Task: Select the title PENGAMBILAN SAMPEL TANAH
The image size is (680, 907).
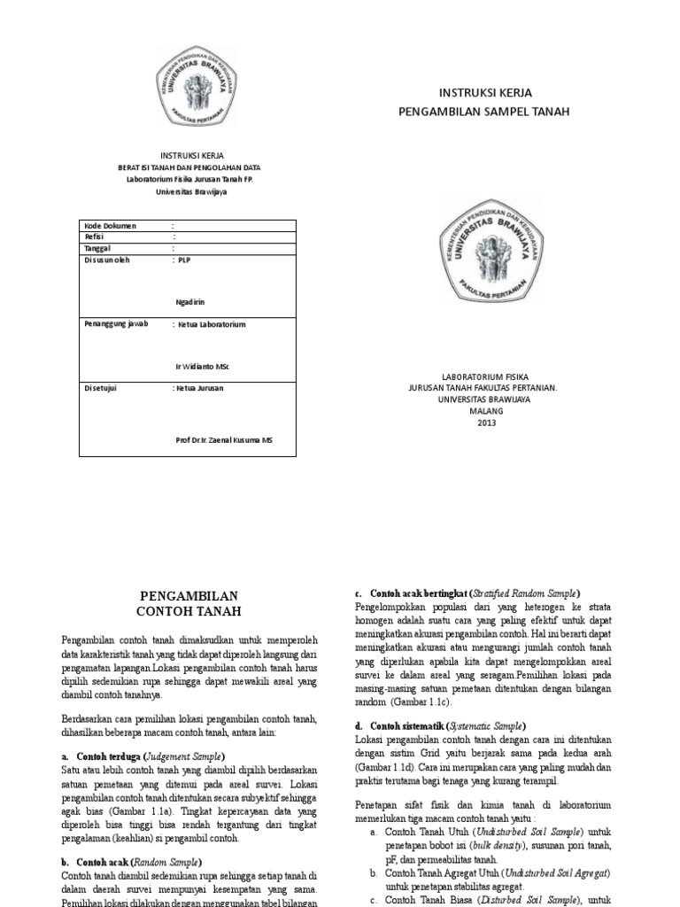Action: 485,112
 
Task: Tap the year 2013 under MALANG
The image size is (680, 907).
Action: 487,422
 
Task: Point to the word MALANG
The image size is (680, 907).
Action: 487,411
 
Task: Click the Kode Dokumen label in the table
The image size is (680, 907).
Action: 110,226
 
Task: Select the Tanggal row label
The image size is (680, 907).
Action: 97,249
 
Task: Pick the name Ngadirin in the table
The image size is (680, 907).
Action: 191,302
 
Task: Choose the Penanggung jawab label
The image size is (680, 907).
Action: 115,324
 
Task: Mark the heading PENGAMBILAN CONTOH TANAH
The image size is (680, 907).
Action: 189,603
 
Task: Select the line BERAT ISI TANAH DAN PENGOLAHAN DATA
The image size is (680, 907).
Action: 190,167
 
